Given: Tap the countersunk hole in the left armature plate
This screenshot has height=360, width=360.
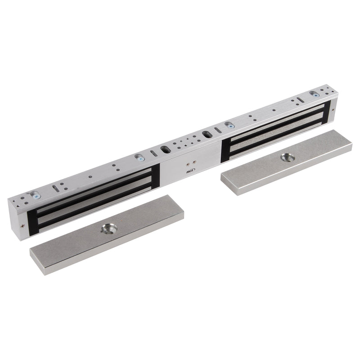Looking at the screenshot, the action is tap(109, 229).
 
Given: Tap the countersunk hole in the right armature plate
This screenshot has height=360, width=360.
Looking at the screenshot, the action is tap(288, 157).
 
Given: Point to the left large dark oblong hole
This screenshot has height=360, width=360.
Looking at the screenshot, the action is tap(165, 149).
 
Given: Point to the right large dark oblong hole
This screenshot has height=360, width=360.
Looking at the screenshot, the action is tap(207, 134).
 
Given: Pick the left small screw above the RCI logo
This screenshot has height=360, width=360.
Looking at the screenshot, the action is tap(188, 164).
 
